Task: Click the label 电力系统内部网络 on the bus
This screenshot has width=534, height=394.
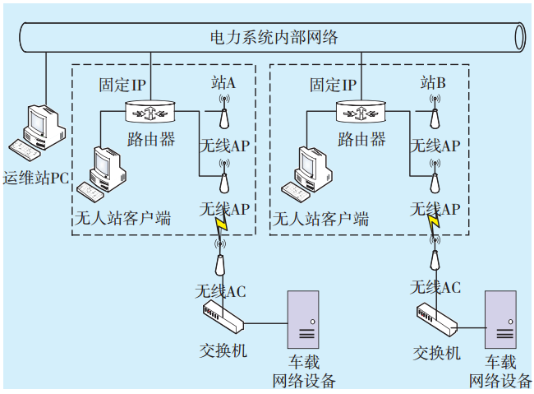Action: [274, 38]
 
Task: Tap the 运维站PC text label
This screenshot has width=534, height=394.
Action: [35, 178]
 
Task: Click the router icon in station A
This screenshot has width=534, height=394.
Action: [150, 110]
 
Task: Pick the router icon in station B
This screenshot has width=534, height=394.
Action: [360, 110]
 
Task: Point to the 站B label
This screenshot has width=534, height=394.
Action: [433, 83]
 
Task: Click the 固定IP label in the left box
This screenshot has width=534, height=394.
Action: [122, 85]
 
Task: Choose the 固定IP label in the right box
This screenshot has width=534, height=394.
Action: [333, 85]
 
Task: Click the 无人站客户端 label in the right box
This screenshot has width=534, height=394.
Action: [320, 219]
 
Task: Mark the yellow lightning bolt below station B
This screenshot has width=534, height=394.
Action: [433, 226]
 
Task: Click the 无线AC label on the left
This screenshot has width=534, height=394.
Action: [220, 291]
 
